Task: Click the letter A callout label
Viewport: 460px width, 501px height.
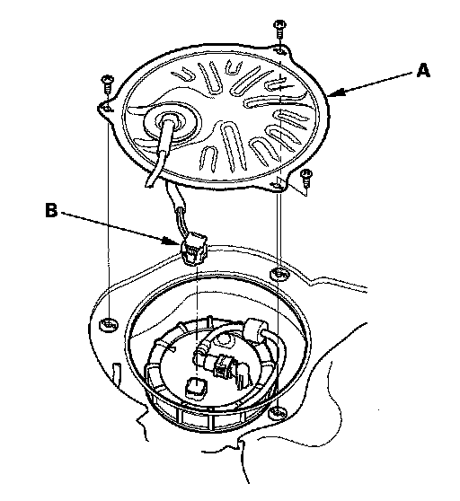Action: point(423,70)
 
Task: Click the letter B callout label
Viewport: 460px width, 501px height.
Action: point(51,211)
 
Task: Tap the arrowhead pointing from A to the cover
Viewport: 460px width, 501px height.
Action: point(336,92)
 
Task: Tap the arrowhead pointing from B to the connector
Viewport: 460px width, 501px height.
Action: point(171,241)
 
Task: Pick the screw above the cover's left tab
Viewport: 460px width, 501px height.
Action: point(107,84)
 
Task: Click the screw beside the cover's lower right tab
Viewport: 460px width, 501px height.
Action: point(306,179)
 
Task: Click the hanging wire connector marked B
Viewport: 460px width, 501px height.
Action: point(193,250)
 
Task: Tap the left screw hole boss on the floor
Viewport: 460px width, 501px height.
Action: point(109,325)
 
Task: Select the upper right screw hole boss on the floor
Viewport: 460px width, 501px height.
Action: point(279,274)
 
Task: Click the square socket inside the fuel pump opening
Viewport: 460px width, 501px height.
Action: point(195,388)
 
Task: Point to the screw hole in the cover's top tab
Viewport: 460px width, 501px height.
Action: point(279,50)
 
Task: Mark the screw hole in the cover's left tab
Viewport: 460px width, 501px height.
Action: point(108,109)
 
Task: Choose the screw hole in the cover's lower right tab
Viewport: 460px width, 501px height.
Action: point(277,185)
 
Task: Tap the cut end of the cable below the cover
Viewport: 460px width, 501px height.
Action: point(150,184)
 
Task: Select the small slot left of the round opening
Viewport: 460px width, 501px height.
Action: point(116,372)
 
